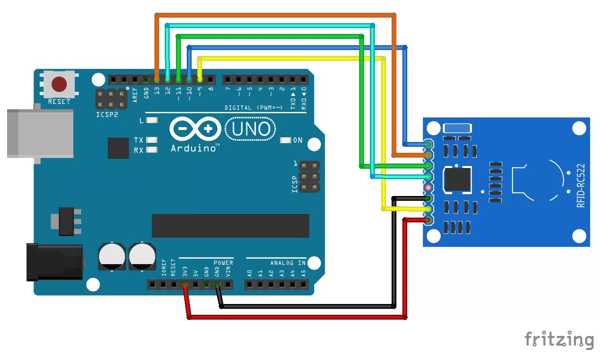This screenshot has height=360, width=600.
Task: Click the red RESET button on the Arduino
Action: (x=59, y=84)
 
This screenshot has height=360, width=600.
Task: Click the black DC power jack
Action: (x=54, y=262)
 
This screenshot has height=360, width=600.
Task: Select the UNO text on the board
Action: (x=251, y=129)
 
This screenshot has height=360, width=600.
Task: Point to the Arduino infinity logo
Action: (x=195, y=129)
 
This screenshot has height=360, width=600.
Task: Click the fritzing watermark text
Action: (x=559, y=340)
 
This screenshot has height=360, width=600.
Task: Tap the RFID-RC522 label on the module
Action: (x=581, y=186)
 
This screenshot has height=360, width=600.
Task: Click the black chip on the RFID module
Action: (x=458, y=180)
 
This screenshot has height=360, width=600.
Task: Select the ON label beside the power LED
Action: (x=298, y=140)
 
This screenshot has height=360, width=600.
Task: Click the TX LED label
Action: (x=138, y=140)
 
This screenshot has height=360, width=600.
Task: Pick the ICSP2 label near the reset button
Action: (x=107, y=115)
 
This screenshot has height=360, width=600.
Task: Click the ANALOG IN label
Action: (x=288, y=263)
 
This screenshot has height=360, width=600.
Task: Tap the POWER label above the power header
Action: (x=223, y=263)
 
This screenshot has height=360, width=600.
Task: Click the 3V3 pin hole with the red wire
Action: (x=185, y=285)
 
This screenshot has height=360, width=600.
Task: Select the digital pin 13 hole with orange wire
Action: (x=157, y=79)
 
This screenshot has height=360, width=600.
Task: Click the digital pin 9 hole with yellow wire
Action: (x=200, y=79)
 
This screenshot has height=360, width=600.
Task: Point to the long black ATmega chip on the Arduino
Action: (x=230, y=226)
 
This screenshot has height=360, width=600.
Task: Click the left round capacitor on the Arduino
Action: (x=112, y=256)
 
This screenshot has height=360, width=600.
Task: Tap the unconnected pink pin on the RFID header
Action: (x=428, y=187)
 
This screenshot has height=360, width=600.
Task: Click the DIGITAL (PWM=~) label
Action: (x=253, y=108)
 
